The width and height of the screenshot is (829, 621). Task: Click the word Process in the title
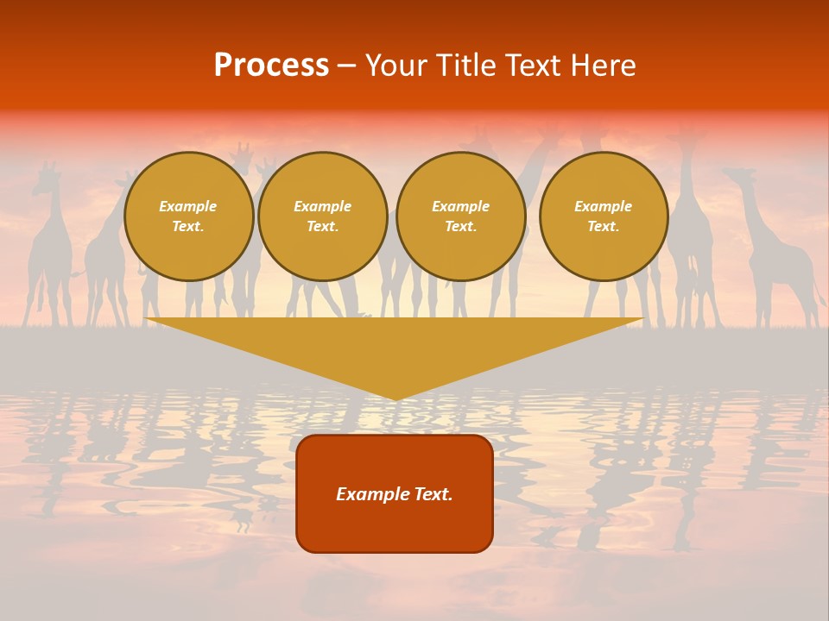click(271, 66)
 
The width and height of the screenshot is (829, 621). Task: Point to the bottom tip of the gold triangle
click(396, 399)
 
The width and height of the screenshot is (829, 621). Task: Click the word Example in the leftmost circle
click(188, 206)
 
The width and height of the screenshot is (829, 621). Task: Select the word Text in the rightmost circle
click(603, 226)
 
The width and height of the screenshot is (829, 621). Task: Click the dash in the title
click(346, 66)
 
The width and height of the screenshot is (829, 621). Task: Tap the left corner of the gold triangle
click(147, 319)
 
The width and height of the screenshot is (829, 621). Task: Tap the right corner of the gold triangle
click(643, 319)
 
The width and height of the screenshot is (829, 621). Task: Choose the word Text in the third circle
click(460, 226)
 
